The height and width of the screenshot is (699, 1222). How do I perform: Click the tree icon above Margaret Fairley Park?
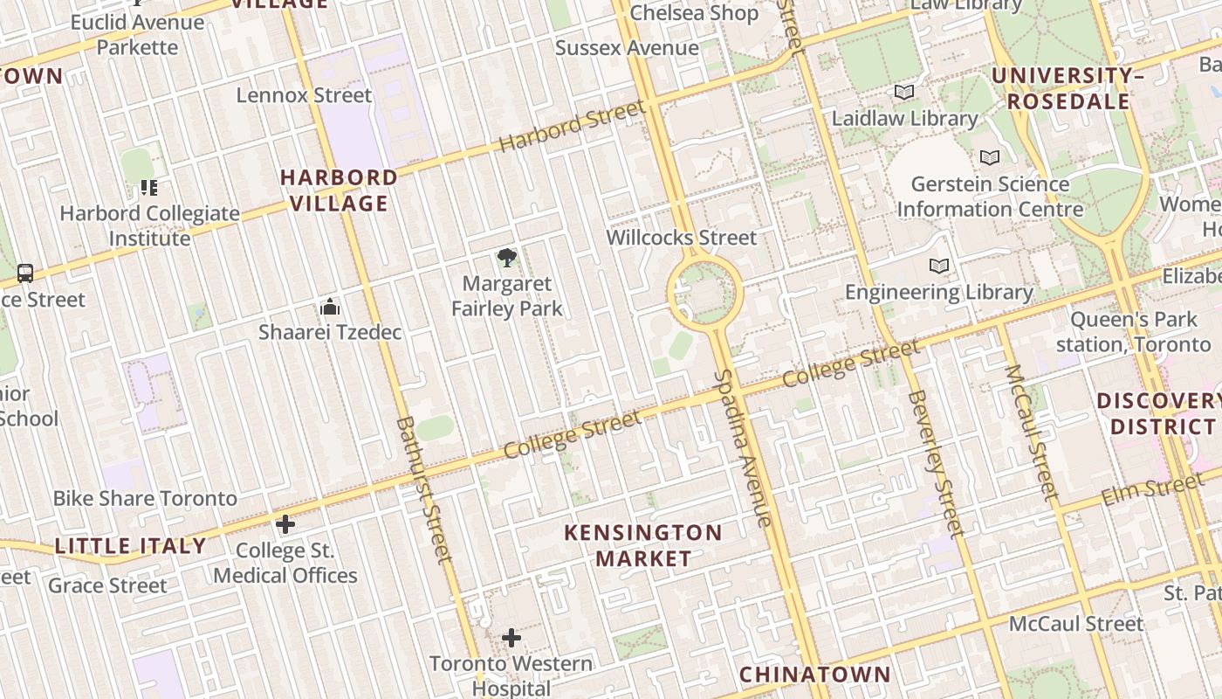[506, 257]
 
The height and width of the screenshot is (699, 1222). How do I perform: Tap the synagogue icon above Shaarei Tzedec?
[330, 307]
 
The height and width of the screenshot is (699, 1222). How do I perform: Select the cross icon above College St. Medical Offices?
[285, 524]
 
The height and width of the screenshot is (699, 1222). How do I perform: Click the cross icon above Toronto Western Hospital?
[511, 639]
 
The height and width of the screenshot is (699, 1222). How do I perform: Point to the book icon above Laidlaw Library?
[904, 92]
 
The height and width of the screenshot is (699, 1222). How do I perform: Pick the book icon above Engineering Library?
[939, 266]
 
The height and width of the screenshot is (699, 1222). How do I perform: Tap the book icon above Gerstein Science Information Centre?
[989, 157]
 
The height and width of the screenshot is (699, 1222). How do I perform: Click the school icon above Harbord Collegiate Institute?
[149, 187]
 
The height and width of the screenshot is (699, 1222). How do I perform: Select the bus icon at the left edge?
[25, 273]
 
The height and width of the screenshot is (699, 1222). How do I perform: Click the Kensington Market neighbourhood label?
[642, 545]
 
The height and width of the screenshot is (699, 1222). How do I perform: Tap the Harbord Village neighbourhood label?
[339, 190]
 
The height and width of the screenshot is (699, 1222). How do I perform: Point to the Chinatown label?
[814, 675]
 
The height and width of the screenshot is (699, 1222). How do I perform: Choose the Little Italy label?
[130, 546]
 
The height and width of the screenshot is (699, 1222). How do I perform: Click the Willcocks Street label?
[682, 237]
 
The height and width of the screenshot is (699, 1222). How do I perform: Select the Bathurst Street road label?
[425, 489]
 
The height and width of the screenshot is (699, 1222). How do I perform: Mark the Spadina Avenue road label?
[744, 448]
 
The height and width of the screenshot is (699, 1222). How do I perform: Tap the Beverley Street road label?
[937, 463]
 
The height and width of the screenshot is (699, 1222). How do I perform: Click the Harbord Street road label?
[573, 126]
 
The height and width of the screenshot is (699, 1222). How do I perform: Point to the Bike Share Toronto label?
[145, 498]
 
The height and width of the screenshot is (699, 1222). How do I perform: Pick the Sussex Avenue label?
[627, 48]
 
